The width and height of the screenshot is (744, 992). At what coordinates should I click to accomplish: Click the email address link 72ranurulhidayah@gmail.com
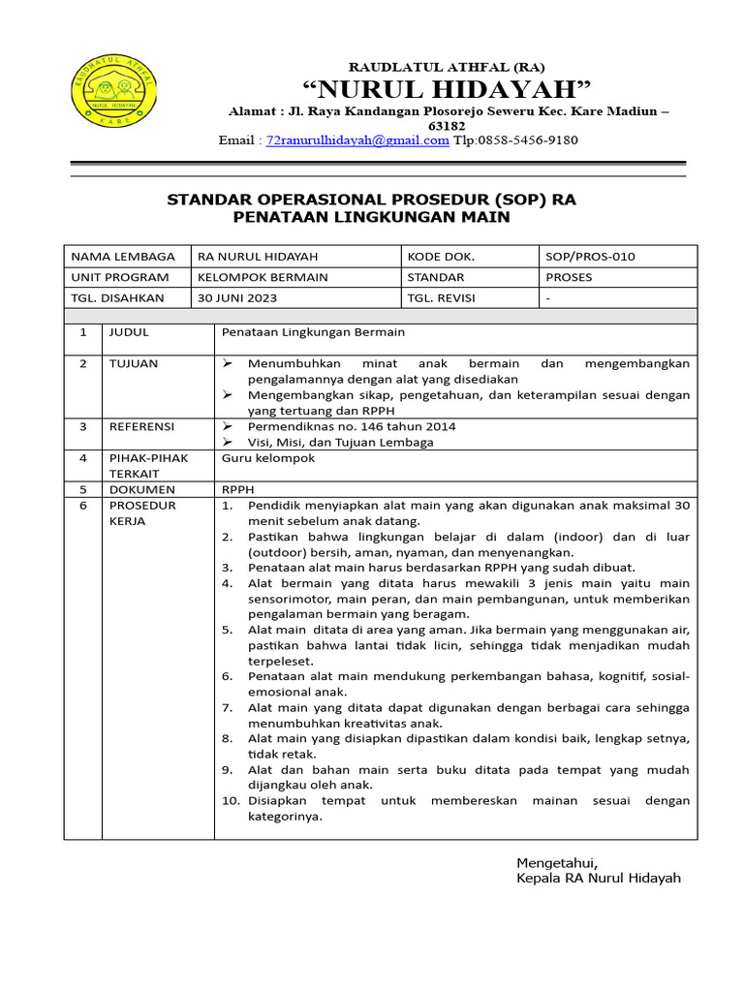click(357, 140)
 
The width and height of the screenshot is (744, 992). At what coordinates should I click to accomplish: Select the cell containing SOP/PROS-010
click(590, 257)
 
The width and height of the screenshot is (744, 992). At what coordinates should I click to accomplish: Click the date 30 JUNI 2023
click(236, 298)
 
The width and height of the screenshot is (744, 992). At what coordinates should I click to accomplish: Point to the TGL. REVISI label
click(442, 298)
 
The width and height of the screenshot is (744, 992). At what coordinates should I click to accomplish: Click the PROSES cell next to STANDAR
click(569, 277)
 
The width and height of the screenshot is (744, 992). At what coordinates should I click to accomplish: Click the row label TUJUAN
click(135, 363)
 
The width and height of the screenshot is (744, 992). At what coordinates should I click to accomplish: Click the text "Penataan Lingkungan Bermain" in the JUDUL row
click(313, 332)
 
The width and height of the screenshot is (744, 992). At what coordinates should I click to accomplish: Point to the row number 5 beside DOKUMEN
click(83, 489)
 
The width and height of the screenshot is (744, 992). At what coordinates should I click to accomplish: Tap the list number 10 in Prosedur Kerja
click(230, 801)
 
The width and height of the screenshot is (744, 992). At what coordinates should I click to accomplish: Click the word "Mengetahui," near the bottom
click(557, 862)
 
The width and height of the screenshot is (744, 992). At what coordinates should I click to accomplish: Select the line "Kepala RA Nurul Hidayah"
click(599, 878)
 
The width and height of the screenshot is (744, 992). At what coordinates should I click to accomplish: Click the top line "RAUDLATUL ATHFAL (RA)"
click(447, 67)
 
